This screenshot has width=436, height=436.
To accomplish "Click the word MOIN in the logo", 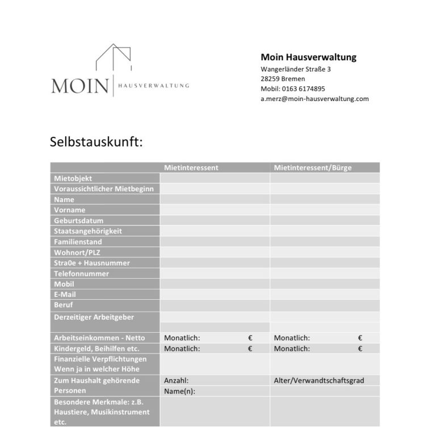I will [x=79, y=87].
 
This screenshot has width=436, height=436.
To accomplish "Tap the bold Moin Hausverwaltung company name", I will [x=308, y=57].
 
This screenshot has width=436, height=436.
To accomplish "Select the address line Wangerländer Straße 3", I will [x=296, y=69].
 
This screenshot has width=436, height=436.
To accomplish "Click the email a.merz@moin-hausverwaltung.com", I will [x=315, y=98].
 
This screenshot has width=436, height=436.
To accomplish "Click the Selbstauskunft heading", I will [x=96, y=141].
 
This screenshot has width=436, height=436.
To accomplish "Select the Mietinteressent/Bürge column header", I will [x=312, y=167].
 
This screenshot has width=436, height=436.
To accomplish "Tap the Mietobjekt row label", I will [x=73, y=178].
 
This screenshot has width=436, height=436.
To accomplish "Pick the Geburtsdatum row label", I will [x=79, y=220].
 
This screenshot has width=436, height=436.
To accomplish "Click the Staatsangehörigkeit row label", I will [x=88, y=231].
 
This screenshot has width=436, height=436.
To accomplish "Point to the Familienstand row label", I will [x=78, y=242].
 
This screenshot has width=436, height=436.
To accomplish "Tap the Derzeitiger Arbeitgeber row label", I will [x=94, y=317].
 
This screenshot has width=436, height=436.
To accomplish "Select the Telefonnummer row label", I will [x=82, y=274].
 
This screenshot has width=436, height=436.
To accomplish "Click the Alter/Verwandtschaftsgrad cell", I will [x=318, y=380].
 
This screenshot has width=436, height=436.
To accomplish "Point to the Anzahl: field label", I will [x=176, y=380].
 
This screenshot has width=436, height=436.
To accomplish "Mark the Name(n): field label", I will [x=179, y=391].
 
